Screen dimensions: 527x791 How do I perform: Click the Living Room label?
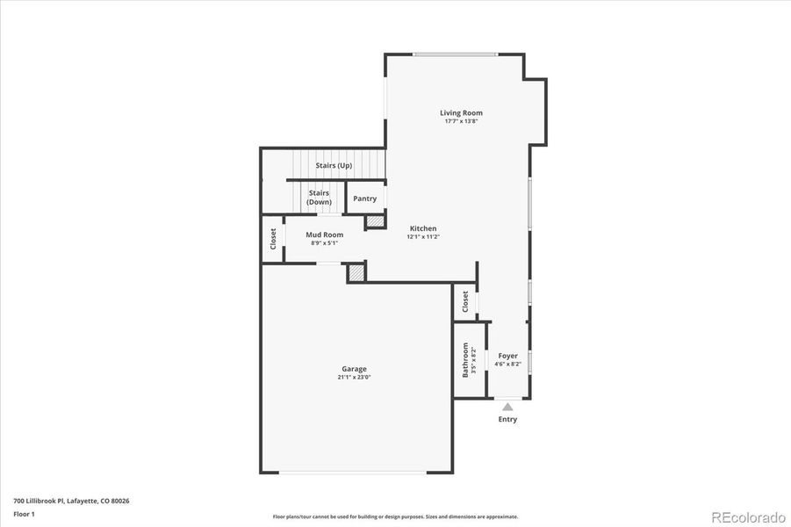[x=461, y=112]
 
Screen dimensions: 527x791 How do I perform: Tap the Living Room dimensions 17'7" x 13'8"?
[x=461, y=121]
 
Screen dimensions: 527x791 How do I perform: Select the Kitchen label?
[x=423, y=228]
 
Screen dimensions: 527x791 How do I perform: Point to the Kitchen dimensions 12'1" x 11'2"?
[x=423, y=236]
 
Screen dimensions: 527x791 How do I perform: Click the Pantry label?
[x=364, y=199]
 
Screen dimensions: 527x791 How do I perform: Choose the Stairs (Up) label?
[x=334, y=165]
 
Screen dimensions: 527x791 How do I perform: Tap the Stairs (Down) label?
[x=319, y=198]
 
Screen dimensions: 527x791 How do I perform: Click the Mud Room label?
[x=324, y=235]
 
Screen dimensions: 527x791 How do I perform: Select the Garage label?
[x=355, y=369]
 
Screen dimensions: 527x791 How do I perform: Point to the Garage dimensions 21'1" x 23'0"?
[x=355, y=378]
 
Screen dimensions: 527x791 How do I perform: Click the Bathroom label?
[x=465, y=360]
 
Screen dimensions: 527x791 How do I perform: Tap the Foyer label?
[x=508, y=356]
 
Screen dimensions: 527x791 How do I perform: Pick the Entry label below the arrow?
[x=507, y=419]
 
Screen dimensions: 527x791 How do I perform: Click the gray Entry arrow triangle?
[x=507, y=407]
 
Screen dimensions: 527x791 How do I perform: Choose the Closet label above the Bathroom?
[x=465, y=302]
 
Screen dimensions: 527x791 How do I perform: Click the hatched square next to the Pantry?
[x=375, y=222]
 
